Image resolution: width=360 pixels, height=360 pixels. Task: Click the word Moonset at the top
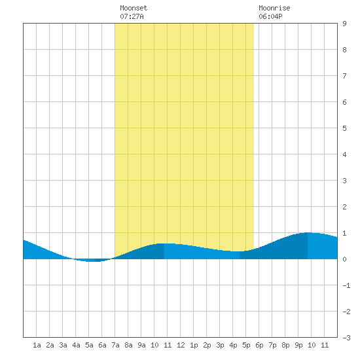tap(134, 8)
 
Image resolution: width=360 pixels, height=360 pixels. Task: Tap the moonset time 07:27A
tap(132, 16)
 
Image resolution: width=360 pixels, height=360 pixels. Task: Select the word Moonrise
tap(274, 8)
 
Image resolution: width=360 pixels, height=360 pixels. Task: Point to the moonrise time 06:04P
tap(270, 16)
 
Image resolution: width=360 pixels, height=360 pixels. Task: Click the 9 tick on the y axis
tap(344, 24)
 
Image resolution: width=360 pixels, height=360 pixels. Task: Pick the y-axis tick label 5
tap(344, 128)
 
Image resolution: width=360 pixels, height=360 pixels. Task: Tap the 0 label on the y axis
tap(344, 259)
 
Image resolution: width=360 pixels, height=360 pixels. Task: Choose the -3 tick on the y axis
tap(346, 338)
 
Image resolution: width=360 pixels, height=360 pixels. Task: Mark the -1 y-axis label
tap(346, 285)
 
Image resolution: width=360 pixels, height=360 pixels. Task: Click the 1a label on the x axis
tap(37, 345)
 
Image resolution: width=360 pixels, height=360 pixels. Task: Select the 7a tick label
tap(115, 345)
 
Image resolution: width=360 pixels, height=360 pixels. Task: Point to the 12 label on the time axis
tap(181, 345)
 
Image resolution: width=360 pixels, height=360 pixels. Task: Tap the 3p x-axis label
tap(220, 345)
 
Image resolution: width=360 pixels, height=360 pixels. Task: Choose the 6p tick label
tap(259, 345)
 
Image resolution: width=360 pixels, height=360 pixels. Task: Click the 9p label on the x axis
tap(298, 345)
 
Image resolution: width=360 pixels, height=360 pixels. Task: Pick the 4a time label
tap(76, 345)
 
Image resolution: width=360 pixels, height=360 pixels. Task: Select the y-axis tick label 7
tap(344, 76)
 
